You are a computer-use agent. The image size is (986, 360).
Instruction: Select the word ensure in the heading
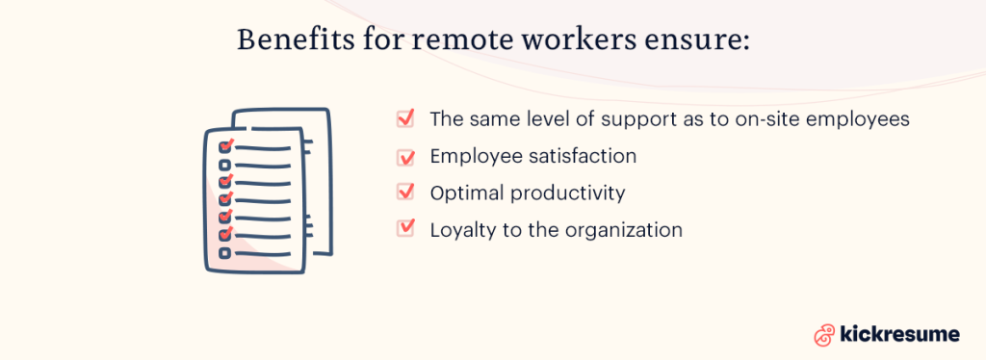[x=702, y=41]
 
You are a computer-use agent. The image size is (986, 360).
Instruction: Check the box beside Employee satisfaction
[x=405, y=156]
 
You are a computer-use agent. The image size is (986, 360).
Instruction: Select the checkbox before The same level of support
[x=405, y=118]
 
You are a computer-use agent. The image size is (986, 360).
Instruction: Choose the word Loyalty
[x=461, y=230]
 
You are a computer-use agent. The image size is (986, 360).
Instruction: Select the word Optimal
[x=466, y=193]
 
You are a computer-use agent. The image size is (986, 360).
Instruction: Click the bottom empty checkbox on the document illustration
[x=225, y=252]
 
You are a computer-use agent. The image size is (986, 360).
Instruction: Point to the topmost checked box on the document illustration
[x=226, y=147]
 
